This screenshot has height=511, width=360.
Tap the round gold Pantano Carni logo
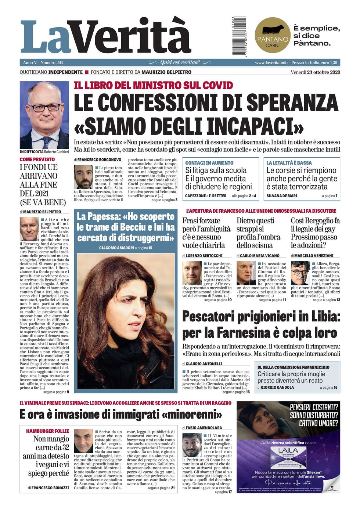point(272,35)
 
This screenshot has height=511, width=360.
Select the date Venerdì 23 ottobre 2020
point(315,72)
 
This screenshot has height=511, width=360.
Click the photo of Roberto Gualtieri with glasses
point(44,115)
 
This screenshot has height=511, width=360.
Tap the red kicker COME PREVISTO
point(37,159)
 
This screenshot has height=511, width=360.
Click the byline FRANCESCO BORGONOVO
point(99,160)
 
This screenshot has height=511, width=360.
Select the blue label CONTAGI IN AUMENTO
point(209,163)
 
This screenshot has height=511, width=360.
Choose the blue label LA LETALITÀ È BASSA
point(289,163)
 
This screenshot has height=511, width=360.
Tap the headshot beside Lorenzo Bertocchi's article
point(192,273)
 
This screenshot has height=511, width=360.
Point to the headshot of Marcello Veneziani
point(300,273)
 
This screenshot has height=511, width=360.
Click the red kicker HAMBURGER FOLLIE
point(47,431)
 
